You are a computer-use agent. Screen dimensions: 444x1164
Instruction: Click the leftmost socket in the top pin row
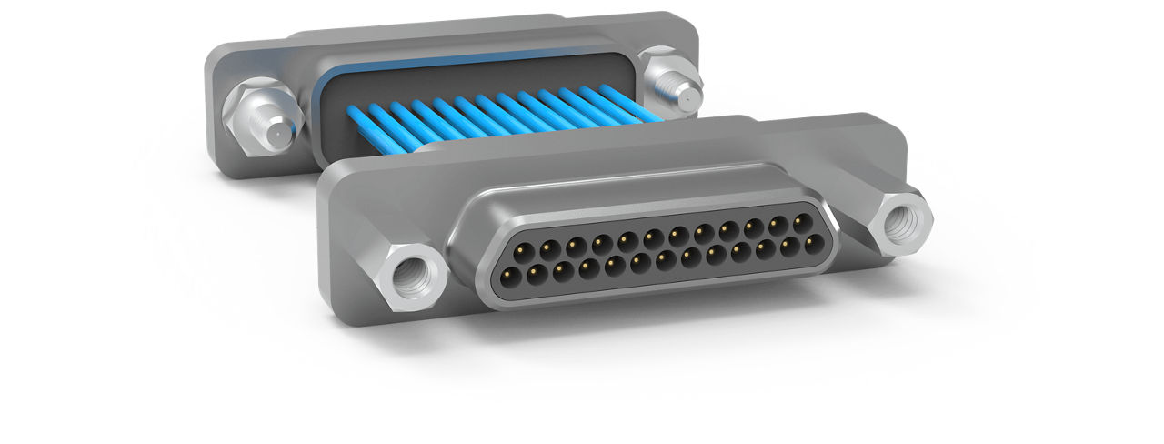(522, 249)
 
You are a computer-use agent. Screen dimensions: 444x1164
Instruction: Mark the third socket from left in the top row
(575, 244)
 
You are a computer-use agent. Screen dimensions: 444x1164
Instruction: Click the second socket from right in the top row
(778, 223)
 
